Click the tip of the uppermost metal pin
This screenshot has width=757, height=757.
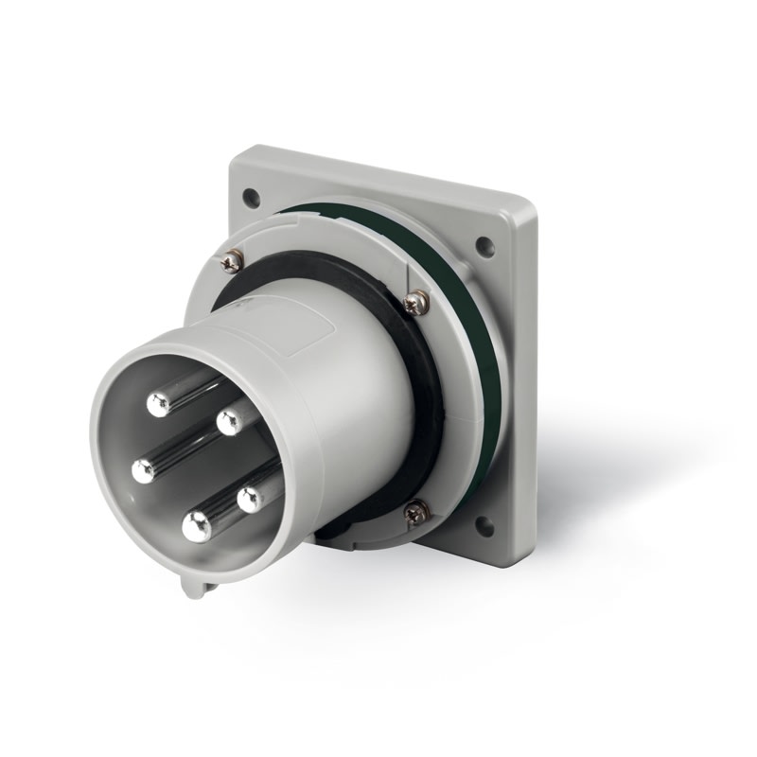(x=158, y=405)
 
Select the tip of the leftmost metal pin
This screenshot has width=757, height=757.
(x=144, y=470)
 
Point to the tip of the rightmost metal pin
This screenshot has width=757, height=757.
(x=250, y=500)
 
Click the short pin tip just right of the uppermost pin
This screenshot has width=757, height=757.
(x=228, y=422)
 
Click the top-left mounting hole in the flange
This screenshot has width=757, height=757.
(x=251, y=198)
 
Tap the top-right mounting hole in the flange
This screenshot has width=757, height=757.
(x=484, y=247)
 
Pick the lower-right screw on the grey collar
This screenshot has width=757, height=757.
(x=416, y=512)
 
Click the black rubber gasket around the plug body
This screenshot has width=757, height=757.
(x=426, y=397)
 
